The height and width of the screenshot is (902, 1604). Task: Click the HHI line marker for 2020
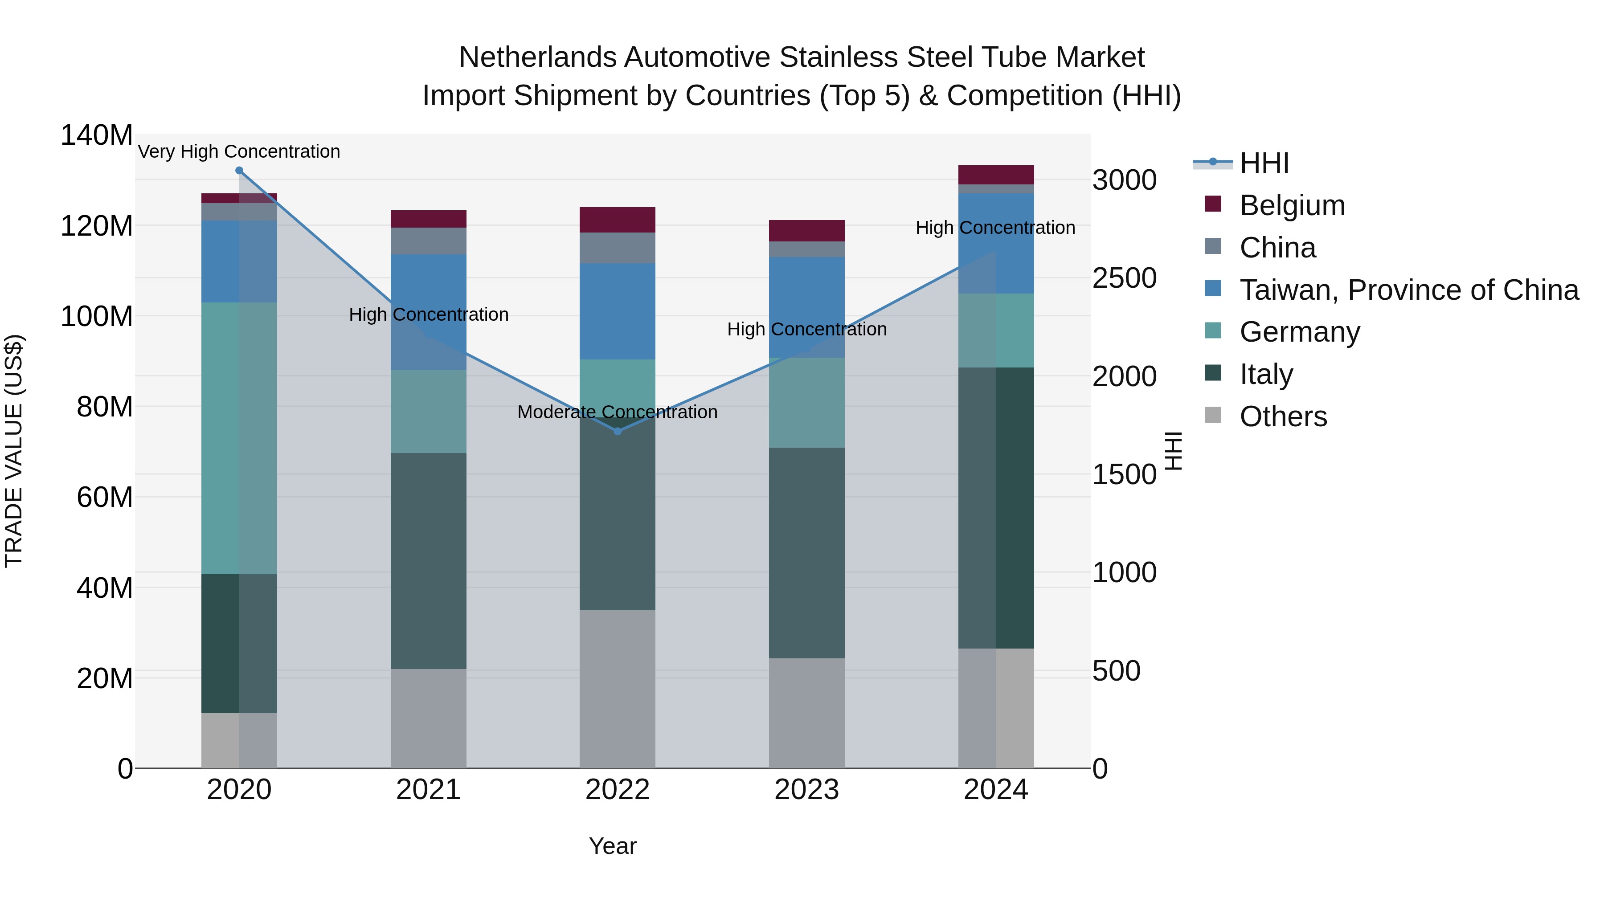(239, 171)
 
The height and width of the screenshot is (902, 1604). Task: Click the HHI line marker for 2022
(617, 431)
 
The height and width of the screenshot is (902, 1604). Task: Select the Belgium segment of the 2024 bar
(996, 175)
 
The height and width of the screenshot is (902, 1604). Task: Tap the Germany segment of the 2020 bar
(239, 438)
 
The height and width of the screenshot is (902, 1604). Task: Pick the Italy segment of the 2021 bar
(428, 561)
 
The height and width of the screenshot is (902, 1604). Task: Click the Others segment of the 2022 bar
(617, 689)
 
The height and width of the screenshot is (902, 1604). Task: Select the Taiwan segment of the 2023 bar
(806, 307)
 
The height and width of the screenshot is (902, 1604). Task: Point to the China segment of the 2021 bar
(428, 241)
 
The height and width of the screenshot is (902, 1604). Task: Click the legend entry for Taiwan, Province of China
(1408, 290)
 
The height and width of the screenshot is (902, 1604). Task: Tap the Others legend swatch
(1213, 415)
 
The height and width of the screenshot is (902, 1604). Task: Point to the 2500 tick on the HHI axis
(1124, 278)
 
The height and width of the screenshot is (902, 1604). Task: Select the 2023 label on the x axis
(806, 790)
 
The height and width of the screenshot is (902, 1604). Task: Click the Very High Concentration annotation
(239, 151)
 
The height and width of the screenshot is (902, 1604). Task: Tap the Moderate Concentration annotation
(617, 412)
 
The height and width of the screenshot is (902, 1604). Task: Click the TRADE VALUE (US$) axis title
(14, 451)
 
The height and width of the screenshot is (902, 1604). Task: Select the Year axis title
(613, 846)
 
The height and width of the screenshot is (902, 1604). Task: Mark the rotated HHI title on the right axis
(1173, 451)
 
